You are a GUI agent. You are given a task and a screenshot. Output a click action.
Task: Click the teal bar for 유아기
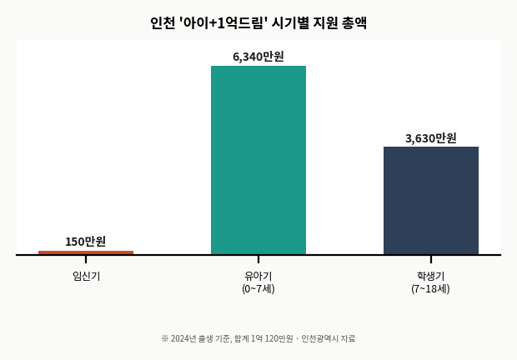click(258, 160)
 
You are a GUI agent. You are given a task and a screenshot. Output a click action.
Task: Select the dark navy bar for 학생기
click(431, 201)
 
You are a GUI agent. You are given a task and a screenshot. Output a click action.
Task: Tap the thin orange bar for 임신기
click(86, 252)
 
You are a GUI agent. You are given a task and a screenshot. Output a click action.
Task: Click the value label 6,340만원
click(258, 57)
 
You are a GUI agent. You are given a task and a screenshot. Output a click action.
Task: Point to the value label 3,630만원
click(431, 138)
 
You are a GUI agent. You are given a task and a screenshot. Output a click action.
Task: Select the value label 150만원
click(86, 242)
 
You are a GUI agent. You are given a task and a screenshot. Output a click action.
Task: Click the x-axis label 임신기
click(86, 276)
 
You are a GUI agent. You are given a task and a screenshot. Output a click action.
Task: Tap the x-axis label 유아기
click(258, 276)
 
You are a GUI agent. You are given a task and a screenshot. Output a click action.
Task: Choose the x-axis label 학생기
click(430, 276)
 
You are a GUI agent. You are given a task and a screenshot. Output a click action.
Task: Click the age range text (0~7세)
click(258, 289)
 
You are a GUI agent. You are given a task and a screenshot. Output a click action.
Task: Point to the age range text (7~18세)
click(430, 289)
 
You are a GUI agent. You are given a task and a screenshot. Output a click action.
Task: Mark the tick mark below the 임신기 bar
click(86, 259)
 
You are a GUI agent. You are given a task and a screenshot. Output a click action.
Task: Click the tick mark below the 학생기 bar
click(431, 259)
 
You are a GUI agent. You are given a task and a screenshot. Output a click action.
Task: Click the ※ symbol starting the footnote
click(165, 338)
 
